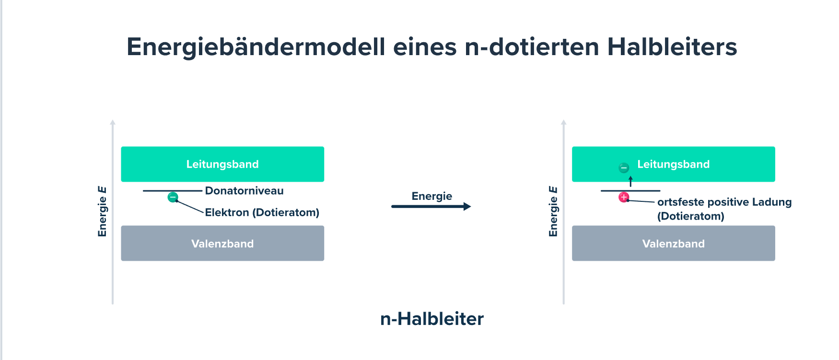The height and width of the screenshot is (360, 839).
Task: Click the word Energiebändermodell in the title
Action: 256,47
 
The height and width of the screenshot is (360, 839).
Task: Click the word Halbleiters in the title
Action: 672,47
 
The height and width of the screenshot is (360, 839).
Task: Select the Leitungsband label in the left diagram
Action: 222,164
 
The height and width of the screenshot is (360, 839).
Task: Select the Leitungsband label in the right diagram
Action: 673,164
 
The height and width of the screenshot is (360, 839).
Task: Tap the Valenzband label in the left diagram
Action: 222,244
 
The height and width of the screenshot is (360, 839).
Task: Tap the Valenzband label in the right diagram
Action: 673,244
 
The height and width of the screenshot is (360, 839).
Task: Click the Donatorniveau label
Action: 244,191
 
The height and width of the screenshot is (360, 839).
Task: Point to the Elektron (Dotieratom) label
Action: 262,212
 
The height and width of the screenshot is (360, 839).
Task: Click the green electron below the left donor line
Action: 173,197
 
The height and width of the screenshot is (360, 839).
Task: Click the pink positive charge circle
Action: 624,197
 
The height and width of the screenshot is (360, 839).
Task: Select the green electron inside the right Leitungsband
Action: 624,168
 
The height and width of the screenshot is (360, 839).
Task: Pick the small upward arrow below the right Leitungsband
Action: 630,181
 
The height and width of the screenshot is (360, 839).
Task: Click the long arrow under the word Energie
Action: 431,207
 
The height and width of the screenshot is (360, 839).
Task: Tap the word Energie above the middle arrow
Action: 431,196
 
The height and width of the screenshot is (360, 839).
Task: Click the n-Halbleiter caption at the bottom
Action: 431,319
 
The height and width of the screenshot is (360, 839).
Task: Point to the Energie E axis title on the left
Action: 102,211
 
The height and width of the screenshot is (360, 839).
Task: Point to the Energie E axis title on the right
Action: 553,211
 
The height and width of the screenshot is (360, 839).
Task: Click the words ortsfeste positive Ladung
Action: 724,202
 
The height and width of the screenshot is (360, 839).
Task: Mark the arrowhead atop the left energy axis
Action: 113,122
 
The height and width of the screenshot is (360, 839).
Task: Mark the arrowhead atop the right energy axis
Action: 564,122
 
